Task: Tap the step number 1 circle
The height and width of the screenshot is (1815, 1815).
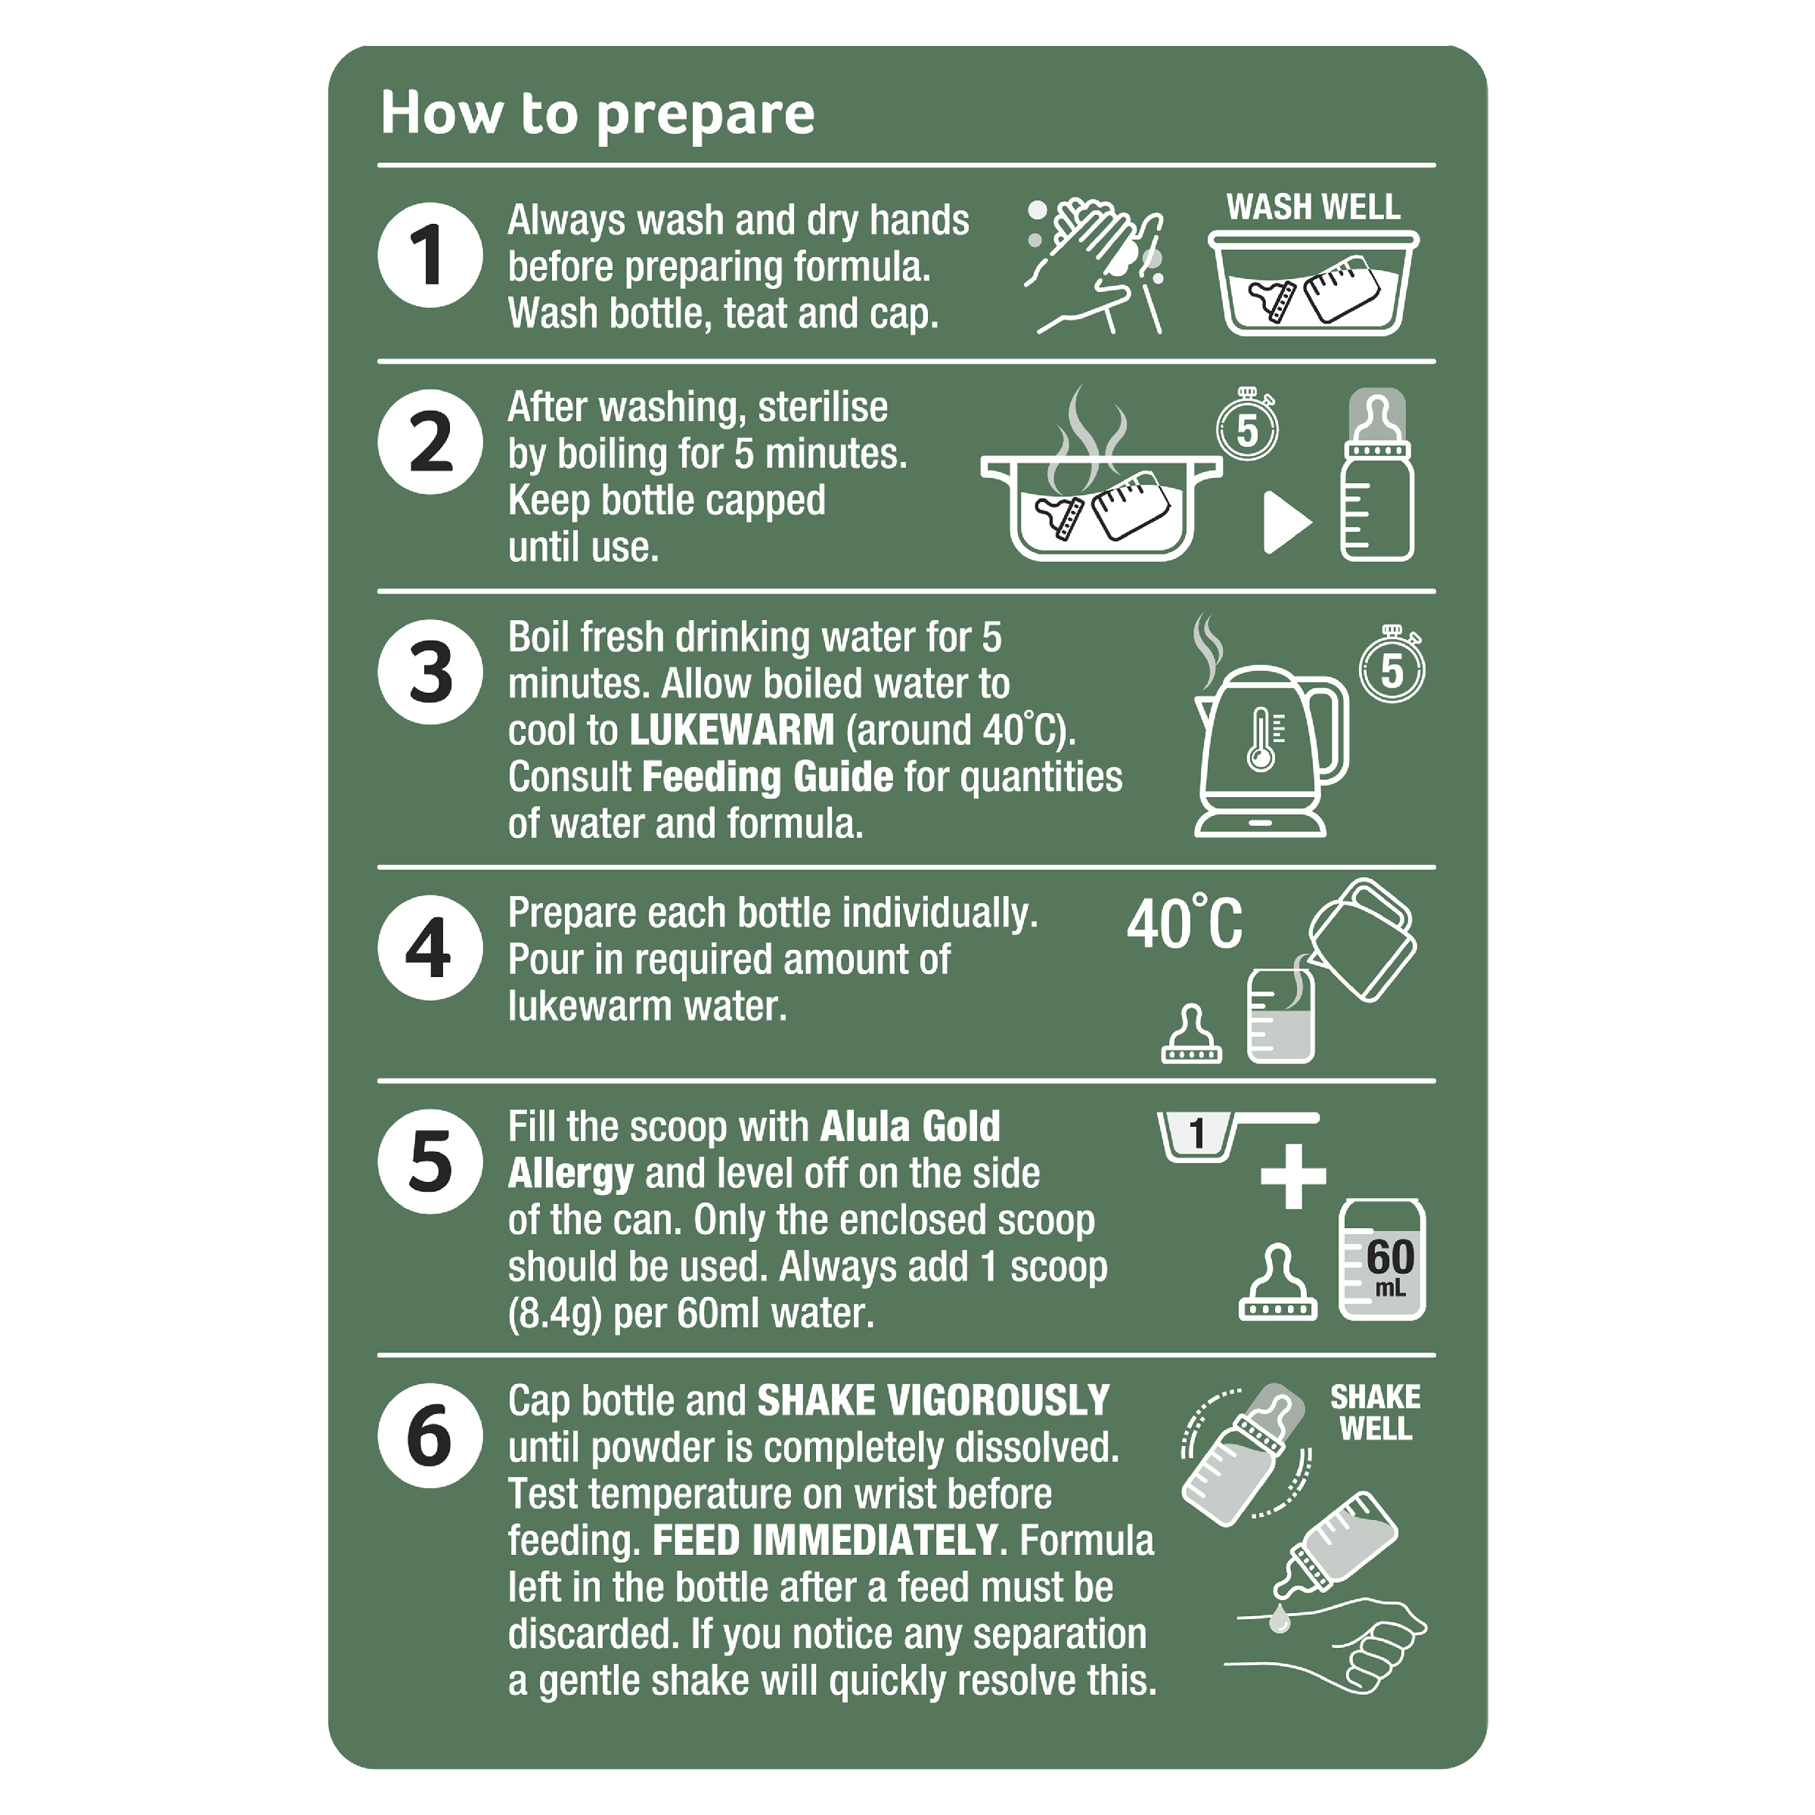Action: (430, 255)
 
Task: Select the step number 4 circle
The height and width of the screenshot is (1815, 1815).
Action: (430, 947)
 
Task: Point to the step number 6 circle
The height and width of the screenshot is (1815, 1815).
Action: (430, 1435)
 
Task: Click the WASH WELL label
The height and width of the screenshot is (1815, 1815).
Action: (1312, 206)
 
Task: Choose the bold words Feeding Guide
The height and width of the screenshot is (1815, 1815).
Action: (768, 777)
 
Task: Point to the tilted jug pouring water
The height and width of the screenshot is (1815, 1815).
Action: (1360, 939)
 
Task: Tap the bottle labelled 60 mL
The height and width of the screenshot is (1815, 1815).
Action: (1382, 1260)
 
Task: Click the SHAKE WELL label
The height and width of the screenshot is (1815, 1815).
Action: (1376, 1413)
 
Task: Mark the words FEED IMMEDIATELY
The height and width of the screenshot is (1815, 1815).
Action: (824, 1540)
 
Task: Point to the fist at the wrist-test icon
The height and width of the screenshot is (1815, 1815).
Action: (1385, 1653)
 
